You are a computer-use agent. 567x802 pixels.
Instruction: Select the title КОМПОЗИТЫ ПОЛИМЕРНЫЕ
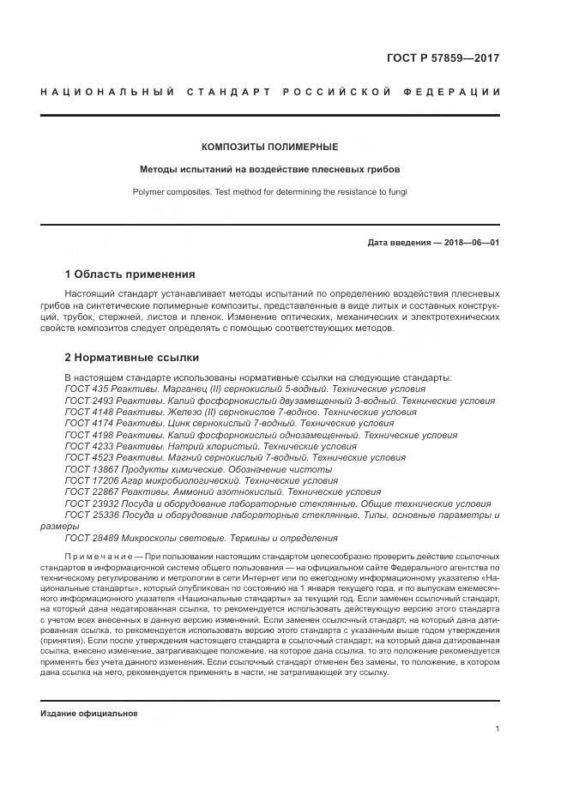pos(270,147)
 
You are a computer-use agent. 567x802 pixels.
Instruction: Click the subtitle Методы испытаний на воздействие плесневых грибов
pos(270,169)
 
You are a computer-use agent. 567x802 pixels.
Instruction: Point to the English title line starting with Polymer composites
pos(270,192)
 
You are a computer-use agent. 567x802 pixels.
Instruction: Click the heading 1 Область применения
pos(130,274)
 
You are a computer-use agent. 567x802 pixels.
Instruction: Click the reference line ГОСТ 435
pos(244,389)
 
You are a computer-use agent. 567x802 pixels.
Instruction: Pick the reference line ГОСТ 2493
pos(280,401)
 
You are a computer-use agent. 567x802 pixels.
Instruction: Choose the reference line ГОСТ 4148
pos(228,412)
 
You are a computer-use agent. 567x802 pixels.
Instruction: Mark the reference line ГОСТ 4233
pos(210,447)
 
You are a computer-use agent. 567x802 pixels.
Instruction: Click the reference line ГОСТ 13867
pos(198,470)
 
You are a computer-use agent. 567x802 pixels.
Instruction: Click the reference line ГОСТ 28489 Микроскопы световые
pos(201,538)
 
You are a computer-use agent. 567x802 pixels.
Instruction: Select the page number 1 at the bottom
pos(497,729)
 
